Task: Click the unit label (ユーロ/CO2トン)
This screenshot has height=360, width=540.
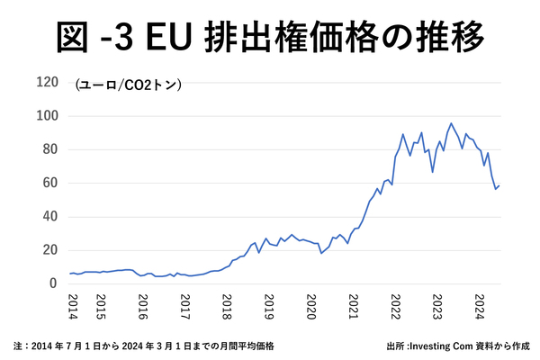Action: click(129, 85)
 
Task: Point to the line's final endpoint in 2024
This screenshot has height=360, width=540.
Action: click(499, 185)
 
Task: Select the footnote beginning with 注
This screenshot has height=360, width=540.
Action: click(143, 346)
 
